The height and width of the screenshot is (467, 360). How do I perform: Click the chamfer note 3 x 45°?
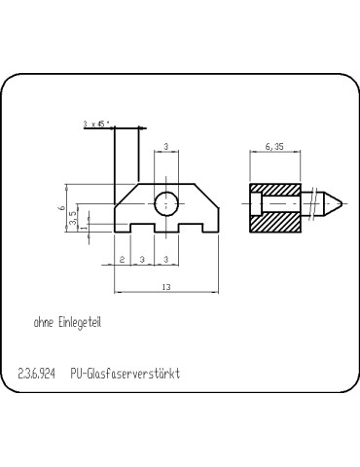(97, 124)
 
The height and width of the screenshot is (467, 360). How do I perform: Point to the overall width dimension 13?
(167, 288)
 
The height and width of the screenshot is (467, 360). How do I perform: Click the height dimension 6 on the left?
(61, 207)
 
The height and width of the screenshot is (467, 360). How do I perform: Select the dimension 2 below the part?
(123, 260)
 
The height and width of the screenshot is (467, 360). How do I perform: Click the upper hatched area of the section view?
(275, 189)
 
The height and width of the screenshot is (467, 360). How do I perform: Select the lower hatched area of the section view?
(275, 224)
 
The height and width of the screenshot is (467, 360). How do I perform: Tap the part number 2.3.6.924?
(38, 374)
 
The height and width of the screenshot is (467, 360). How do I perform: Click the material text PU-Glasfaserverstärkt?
(126, 374)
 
